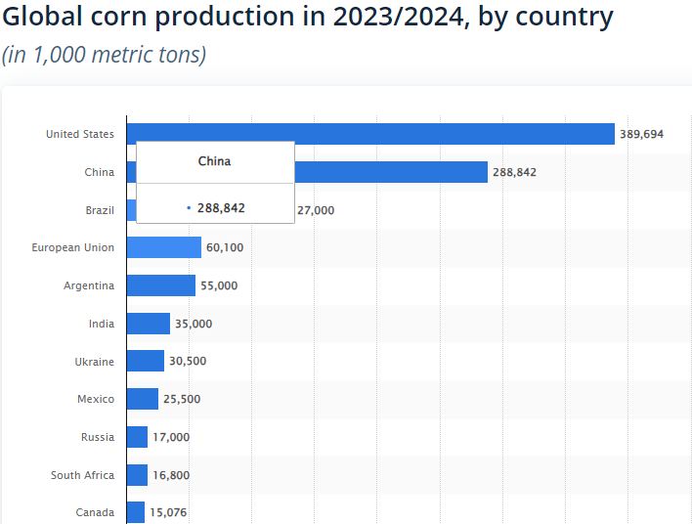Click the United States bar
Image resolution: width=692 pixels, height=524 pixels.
[x=369, y=134]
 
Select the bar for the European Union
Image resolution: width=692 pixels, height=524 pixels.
[x=163, y=247]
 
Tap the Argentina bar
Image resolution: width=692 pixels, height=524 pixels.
[x=160, y=285]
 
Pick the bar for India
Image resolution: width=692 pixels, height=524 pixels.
[x=148, y=324]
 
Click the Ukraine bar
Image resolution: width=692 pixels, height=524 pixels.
[x=145, y=362]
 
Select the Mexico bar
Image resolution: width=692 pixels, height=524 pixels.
[x=142, y=399]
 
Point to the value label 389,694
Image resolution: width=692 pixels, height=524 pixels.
[x=641, y=134]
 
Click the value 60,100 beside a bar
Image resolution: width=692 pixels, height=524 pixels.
[x=225, y=247]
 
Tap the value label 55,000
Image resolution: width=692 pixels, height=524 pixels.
[x=219, y=285]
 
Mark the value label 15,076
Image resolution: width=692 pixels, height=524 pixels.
[x=169, y=512]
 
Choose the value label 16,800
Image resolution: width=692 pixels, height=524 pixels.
[x=171, y=475]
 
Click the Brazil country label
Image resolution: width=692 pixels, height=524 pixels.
[x=100, y=210]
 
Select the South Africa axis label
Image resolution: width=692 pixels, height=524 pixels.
[x=82, y=475]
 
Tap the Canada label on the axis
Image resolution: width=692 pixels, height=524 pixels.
[x=95, y=512]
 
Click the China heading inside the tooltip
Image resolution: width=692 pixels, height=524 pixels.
[x=214, y=160]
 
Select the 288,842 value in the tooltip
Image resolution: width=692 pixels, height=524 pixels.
[x=220, y=208]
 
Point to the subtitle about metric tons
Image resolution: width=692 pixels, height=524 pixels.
[x=104, y=54]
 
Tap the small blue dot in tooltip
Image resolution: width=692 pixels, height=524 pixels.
[x=188, y=208]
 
